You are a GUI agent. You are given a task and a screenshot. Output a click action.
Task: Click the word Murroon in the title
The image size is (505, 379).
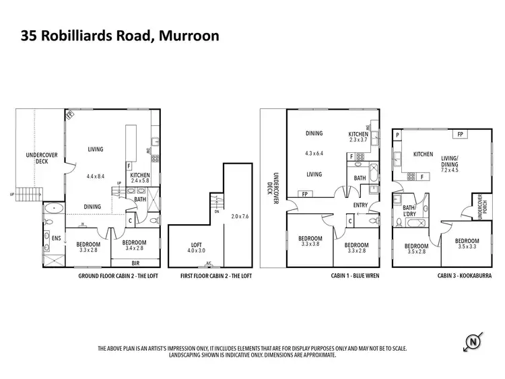click(x=189, y=35)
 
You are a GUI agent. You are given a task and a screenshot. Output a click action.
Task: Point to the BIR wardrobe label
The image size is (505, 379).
click(x=136, y=264)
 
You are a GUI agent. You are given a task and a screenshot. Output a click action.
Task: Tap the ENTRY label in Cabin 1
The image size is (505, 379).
click(x=360, y=205)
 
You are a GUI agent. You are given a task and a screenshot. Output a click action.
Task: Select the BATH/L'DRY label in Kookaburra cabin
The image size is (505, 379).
click(x=409, y=212)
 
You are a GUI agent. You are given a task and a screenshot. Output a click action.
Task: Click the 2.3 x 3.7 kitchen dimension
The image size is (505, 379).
click(x=358, y=140)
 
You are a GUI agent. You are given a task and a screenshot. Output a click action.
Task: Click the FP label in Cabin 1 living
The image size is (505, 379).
click(x=304, y=194)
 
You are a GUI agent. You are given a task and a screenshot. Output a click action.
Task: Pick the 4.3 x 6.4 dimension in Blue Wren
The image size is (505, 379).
click(x=314, y=153)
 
